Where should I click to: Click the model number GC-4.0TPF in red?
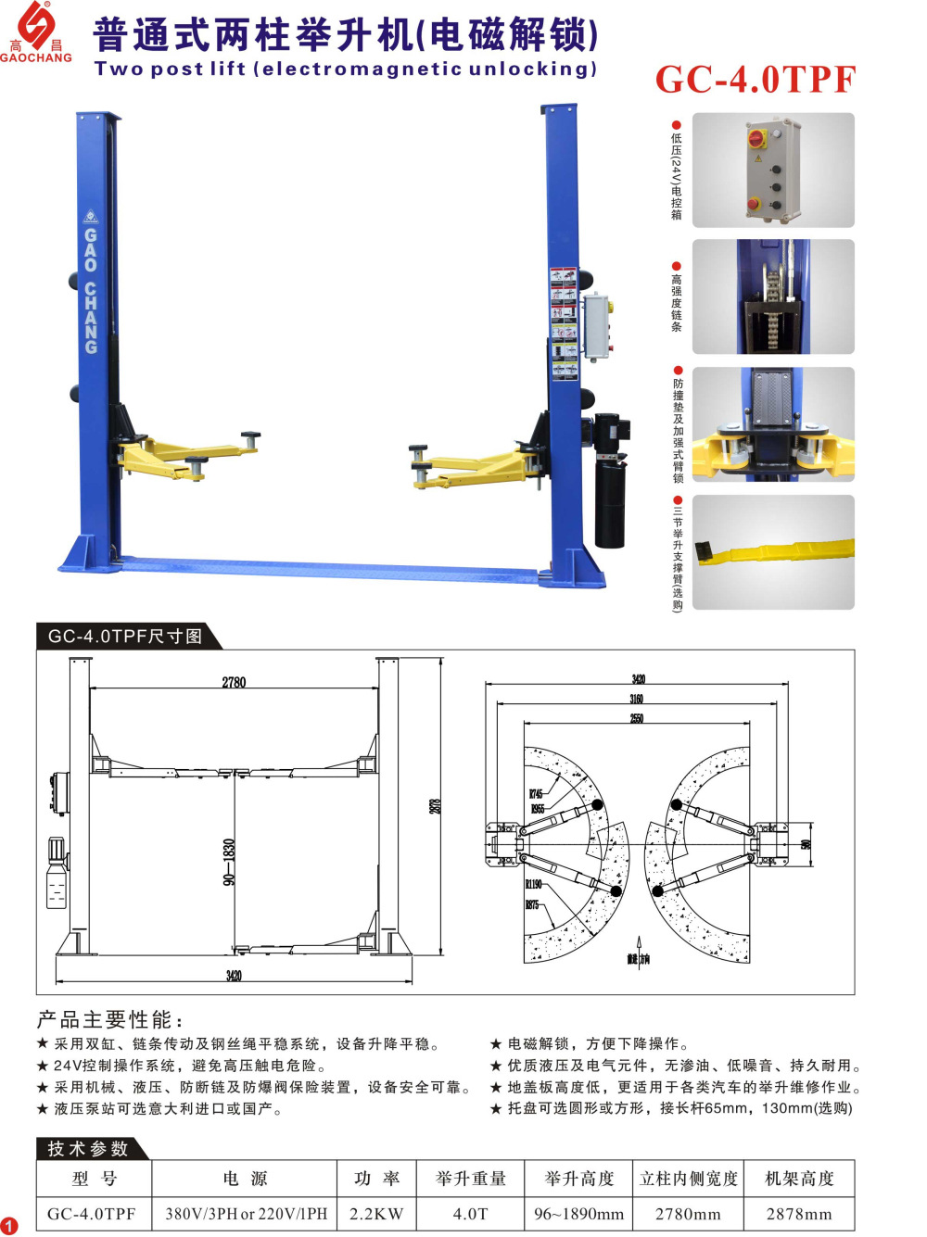[756, 80]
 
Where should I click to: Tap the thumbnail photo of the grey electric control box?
[773, 170]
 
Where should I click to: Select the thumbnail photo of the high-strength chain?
[773, 297]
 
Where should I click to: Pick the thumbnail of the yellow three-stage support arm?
[773, 552]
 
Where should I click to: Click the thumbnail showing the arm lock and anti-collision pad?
[773, 424]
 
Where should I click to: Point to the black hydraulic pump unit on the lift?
[611, 482]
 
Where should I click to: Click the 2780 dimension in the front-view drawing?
[234, 682]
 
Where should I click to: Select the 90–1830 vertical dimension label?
[229, 862]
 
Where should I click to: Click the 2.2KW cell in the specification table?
[376, 1214]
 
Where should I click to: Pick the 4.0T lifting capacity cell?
[470, 1214]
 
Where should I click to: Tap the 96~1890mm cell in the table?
[578, 1214]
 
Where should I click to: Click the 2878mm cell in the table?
[799, 1214]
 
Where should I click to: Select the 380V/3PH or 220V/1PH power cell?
[246, 1214]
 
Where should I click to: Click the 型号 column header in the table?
[94, 1179]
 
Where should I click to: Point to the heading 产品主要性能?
[109, 1020]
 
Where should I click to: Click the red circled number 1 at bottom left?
[9, 1226]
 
